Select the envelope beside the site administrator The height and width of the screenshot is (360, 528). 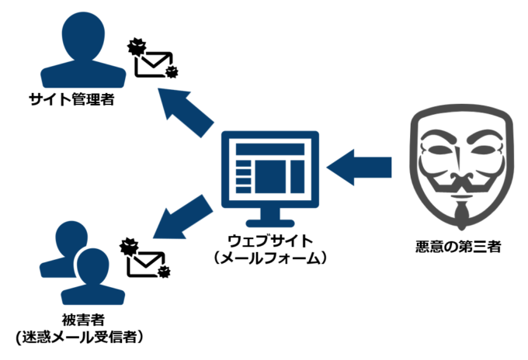[x=154, y=61]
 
